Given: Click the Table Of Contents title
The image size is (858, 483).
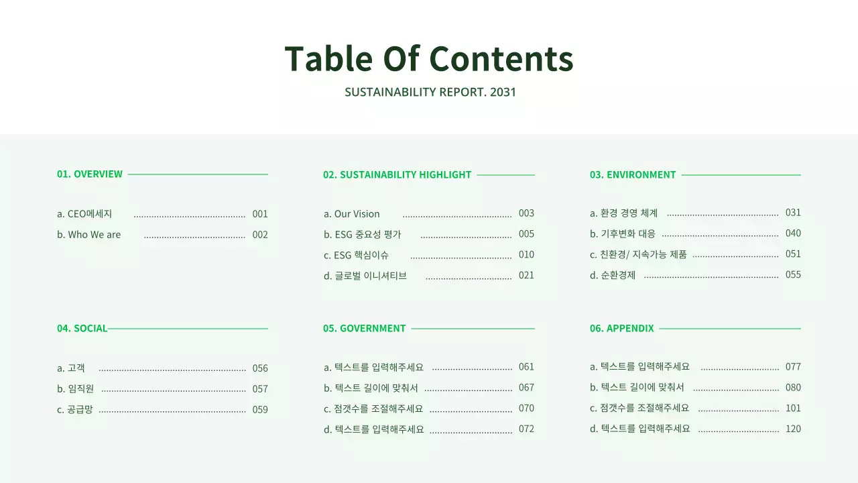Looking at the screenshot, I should [429, 58].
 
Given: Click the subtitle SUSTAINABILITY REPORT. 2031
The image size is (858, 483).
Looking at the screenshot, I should [430, 92].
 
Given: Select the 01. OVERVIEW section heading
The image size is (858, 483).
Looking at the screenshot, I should [90, 174].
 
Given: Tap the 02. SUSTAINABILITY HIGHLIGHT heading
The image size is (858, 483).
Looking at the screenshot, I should [397, 174].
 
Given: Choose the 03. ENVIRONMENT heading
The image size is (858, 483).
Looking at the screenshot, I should [633, 174].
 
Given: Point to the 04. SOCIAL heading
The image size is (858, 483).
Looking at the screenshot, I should [82, 328].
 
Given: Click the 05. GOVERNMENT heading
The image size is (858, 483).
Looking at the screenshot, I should [364, 328].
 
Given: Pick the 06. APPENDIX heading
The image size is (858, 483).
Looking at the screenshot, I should [621, 328].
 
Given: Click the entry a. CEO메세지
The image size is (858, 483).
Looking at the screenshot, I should [84, 214].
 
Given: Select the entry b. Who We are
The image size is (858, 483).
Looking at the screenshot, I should [89, 235].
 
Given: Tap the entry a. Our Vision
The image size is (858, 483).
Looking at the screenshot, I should [352, 214].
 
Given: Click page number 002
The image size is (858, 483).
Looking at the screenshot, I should [260, 235].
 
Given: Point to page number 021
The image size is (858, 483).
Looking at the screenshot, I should [526, 275].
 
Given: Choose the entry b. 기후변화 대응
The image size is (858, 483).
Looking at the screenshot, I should [623, 233].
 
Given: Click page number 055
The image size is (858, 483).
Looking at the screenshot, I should [793, 274].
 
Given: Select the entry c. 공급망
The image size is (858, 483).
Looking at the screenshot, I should [75, 409].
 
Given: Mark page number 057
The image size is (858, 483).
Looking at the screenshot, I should [260, 388].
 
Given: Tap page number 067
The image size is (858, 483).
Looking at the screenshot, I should [526, 387].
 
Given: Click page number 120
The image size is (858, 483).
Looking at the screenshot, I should [793, 429].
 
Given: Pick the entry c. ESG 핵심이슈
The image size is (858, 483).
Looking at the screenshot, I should [357, 255].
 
